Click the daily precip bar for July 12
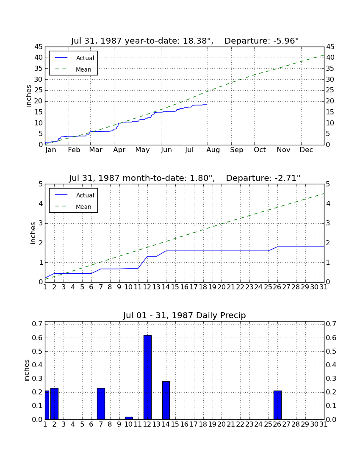point(148,377)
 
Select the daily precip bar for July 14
point(166,400)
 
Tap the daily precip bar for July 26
point(277,405)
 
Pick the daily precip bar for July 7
point(101,404)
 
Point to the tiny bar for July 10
point(129,418)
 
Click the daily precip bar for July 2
point(54,404)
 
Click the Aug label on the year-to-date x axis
point(213,150)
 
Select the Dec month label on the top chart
point(306,150)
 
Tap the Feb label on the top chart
point(74,150)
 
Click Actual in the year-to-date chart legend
point(85,58)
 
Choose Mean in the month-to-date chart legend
point(83,207)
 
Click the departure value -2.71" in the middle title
point(288,178)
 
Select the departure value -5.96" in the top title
point(286,41)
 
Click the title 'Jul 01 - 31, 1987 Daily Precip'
point(185,315)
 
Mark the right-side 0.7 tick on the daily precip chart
point(331,324)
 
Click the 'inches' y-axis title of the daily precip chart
point(27,370)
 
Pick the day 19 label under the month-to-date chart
point(212,287)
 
